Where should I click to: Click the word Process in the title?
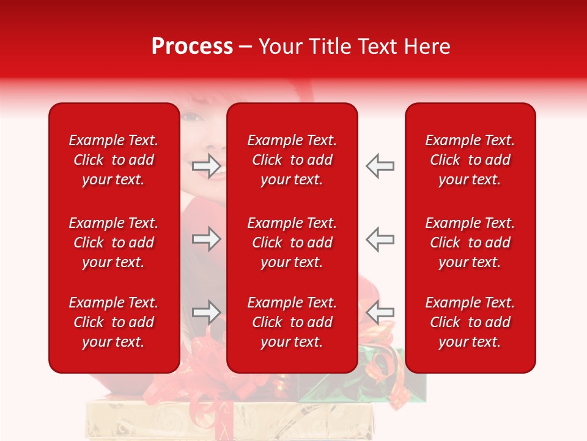point(192,47)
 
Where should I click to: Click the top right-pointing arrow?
point(206,166)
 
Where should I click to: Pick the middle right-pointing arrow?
point(206,239)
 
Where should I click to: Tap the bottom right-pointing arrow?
point(206,312)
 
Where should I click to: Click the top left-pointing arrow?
point(380,166)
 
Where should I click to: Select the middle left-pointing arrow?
point(380,239)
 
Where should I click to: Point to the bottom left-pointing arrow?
point(380,312)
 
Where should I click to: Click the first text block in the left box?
point(114,160)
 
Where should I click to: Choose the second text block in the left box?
point(114,243)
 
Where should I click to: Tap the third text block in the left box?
point(114,322)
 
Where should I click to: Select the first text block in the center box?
point(292,160)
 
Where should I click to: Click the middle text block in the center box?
point(292,243)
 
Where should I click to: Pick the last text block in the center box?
point(292,322)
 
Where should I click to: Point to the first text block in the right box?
point(470,160)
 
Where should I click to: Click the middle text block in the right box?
point(470,243)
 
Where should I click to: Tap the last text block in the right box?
point(470,322)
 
